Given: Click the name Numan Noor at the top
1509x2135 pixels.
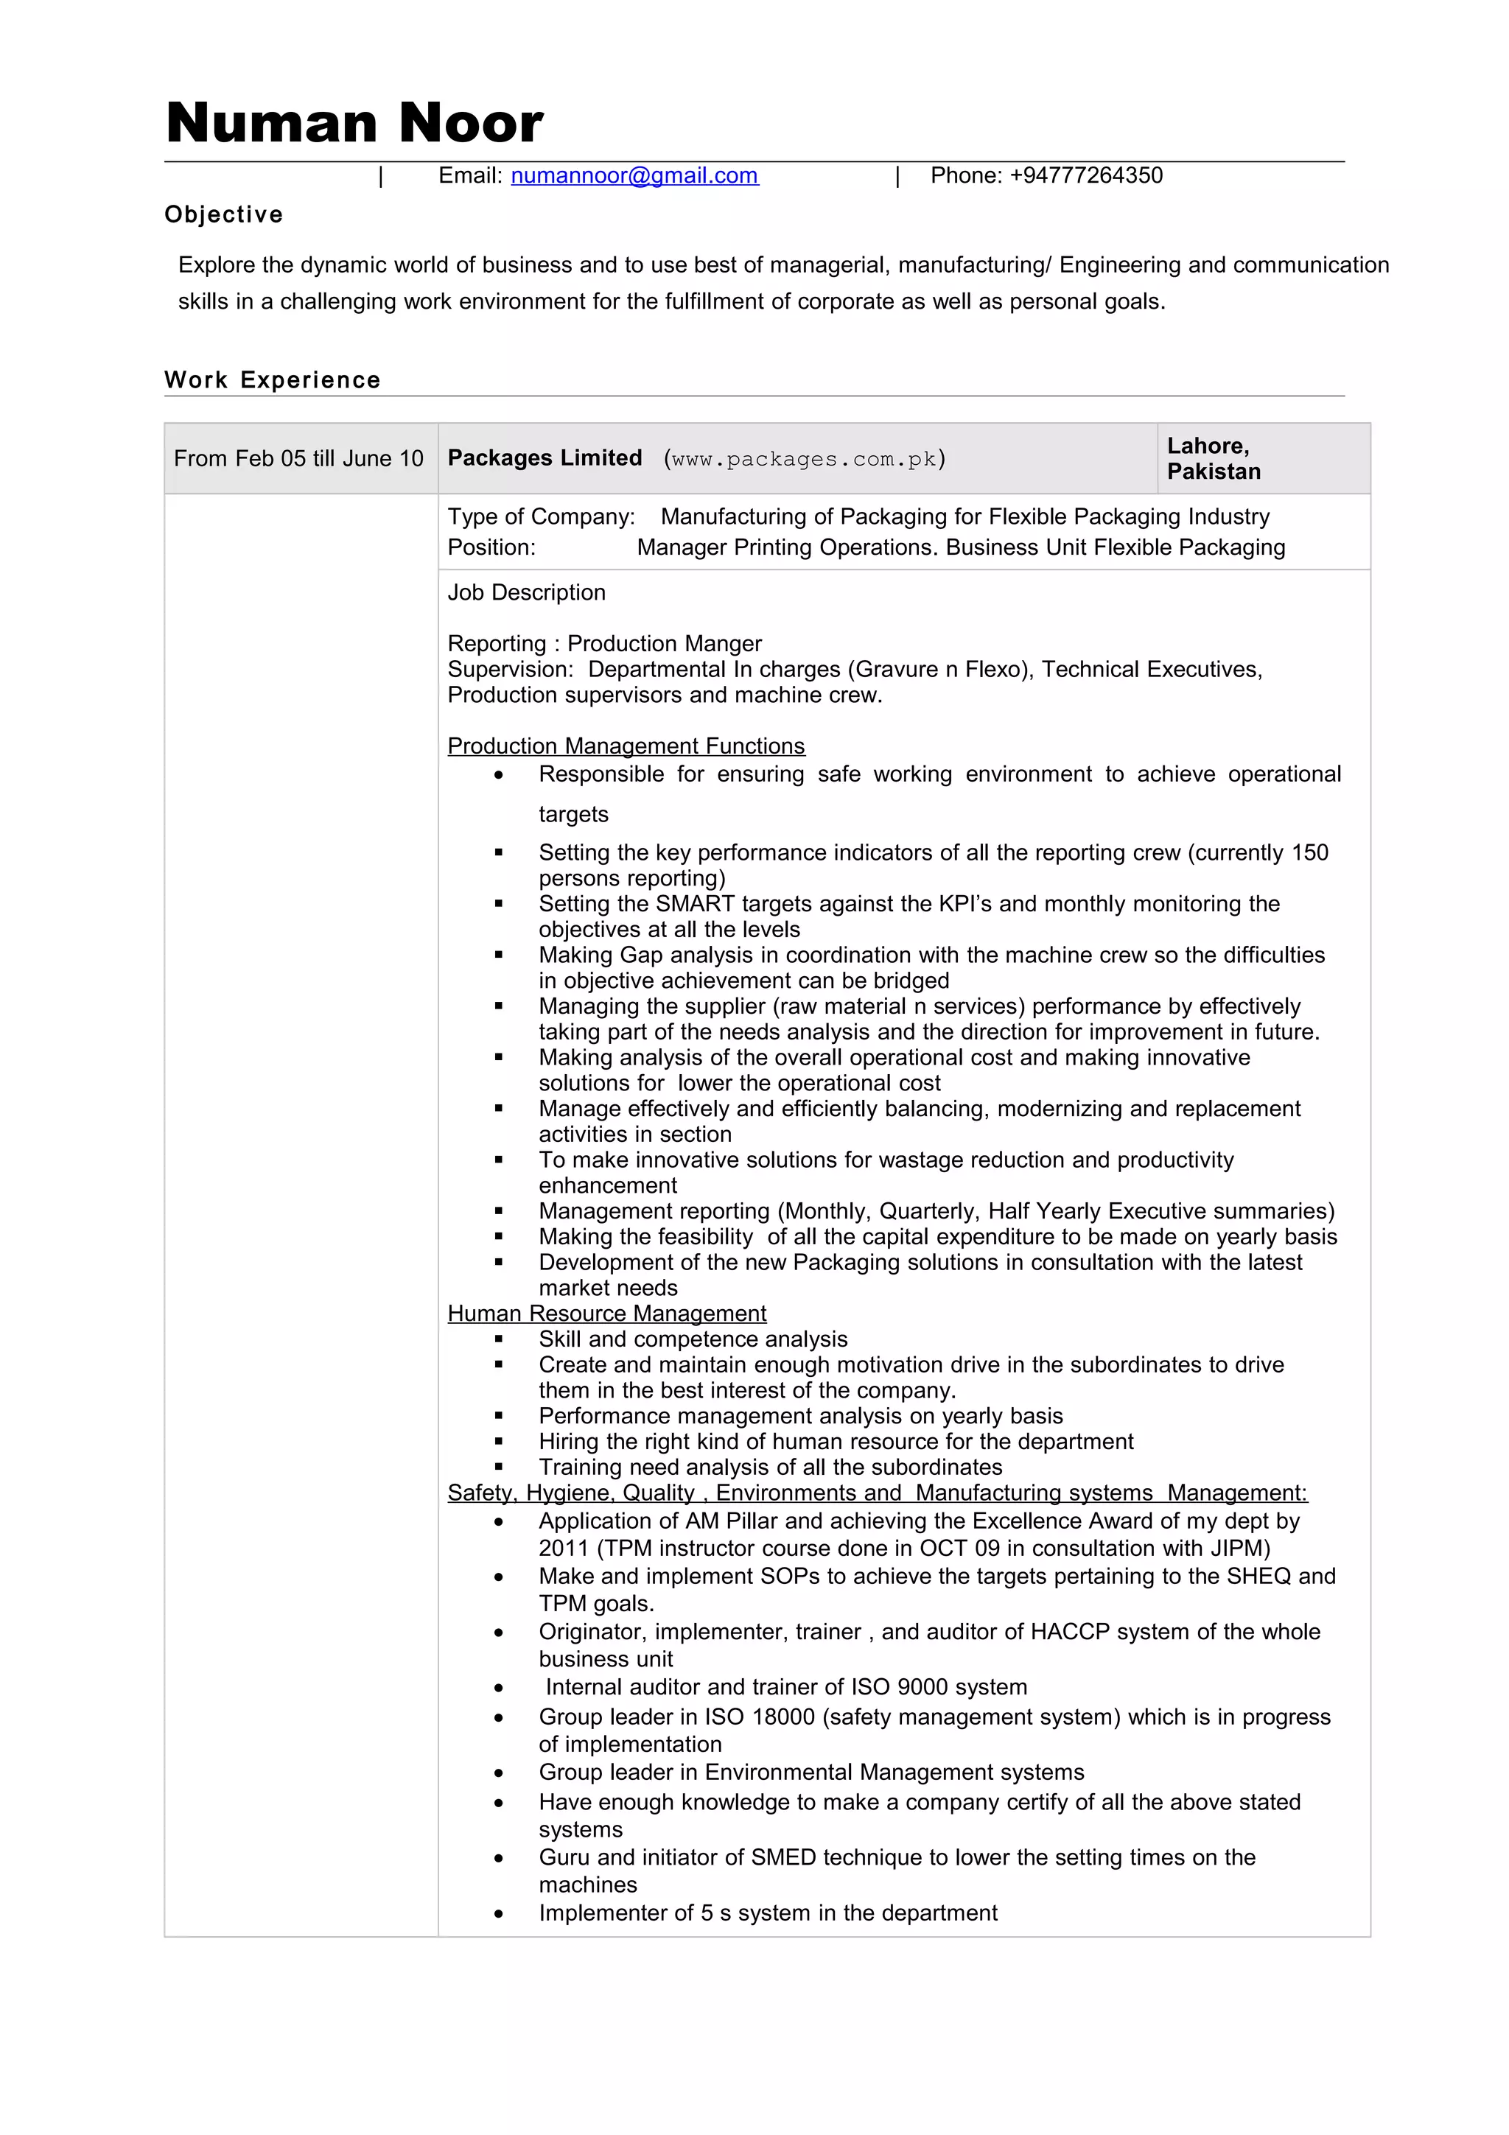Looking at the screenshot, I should (x=354, y=123).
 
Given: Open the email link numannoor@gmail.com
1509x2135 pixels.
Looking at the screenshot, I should (x=634, y=176).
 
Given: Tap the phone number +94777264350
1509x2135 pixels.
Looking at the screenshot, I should (x=1085, y=176).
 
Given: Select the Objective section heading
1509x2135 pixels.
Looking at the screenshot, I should (x=223, y=215).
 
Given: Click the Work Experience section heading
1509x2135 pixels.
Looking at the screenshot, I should (x=273, y=380).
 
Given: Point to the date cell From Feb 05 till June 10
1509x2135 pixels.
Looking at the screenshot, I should (x=298, y=458).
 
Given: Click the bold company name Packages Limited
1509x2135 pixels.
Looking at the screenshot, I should (x=545, y=458).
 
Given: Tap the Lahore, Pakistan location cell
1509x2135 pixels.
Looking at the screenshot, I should (x=1214, y=458).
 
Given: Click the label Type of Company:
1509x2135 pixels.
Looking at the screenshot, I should (x=541, y=517).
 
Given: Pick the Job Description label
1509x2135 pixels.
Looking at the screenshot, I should (x=526, y=592).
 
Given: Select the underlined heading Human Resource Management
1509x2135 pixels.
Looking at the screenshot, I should (x=606, y=1313).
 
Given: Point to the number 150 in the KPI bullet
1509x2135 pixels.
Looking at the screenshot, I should (x=1309, y=852).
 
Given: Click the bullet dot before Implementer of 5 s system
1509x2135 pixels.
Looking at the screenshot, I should (x=500, y=1915).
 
